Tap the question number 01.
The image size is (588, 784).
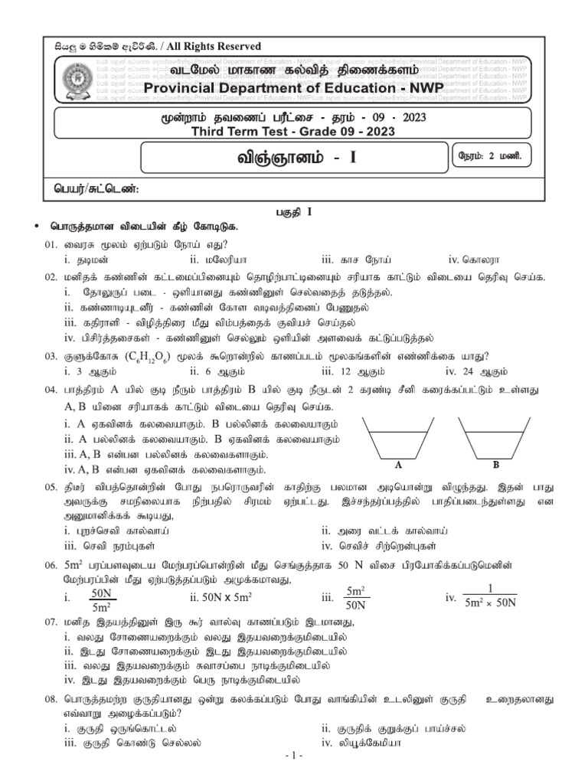pos(51,243)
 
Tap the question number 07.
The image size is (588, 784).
pos(51,622)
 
